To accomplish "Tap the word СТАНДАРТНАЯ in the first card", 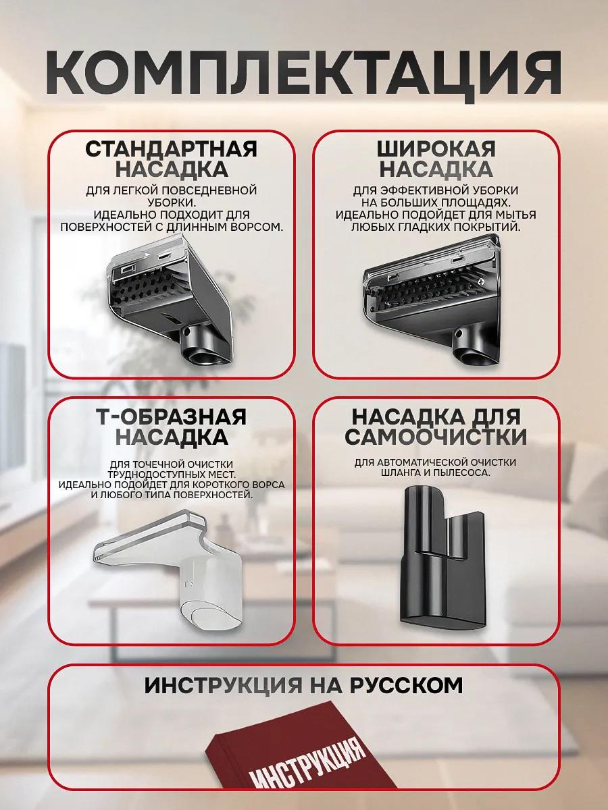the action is [x=171, y=149].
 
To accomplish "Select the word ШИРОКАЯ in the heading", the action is [x=436, y=149].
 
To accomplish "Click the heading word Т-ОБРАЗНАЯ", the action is [x=172, y=417].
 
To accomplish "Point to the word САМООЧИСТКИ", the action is [x=436, y=437].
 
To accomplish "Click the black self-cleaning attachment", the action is [x=442, y=558].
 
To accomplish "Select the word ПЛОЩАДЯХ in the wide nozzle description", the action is [x=474, y=202].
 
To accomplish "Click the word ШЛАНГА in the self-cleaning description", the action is [x=399, y=473].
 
